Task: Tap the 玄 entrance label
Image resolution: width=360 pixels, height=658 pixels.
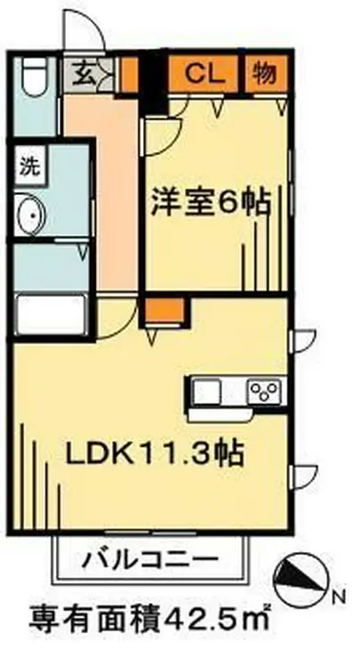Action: (x=83, y=72)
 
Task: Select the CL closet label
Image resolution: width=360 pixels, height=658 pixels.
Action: (x=205, y=72)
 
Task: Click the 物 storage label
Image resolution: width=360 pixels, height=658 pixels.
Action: (x=264, y=72)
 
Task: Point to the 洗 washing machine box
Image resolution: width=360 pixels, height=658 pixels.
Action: (x=30, y=164)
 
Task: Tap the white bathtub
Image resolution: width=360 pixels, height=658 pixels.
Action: (x=50, y=314)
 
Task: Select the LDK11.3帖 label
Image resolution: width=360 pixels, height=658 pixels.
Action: (x=155, y=453)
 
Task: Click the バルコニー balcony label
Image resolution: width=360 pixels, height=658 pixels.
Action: (x=150, y=560)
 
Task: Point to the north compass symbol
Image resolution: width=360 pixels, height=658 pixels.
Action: (x=301, y=579)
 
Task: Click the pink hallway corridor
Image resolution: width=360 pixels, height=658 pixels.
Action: (x=102, y=187)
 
